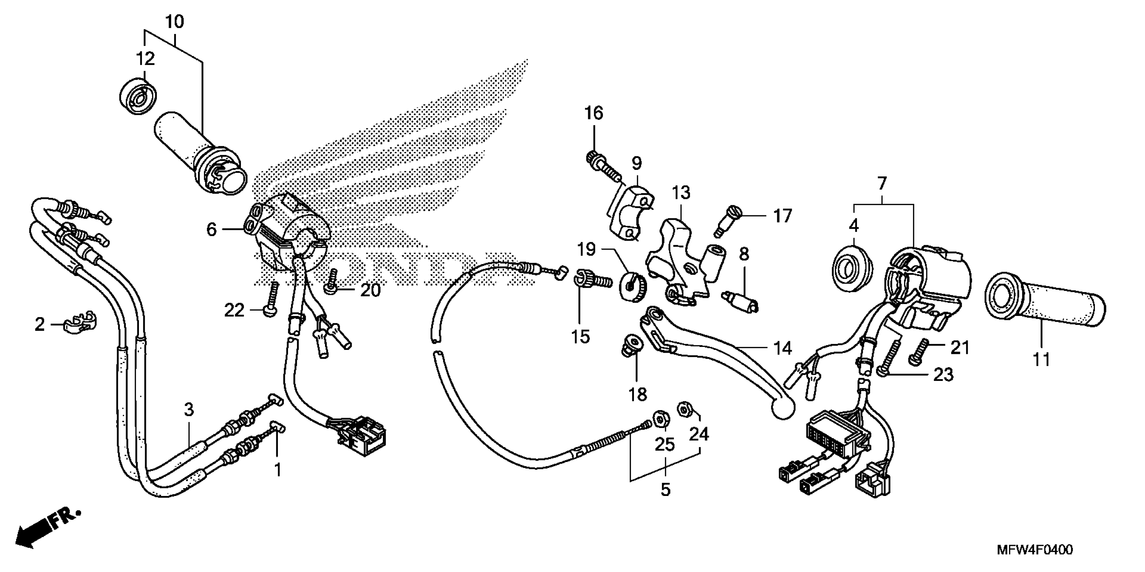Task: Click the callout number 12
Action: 145,59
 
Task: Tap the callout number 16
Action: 594,113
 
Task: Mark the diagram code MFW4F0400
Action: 1034,550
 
